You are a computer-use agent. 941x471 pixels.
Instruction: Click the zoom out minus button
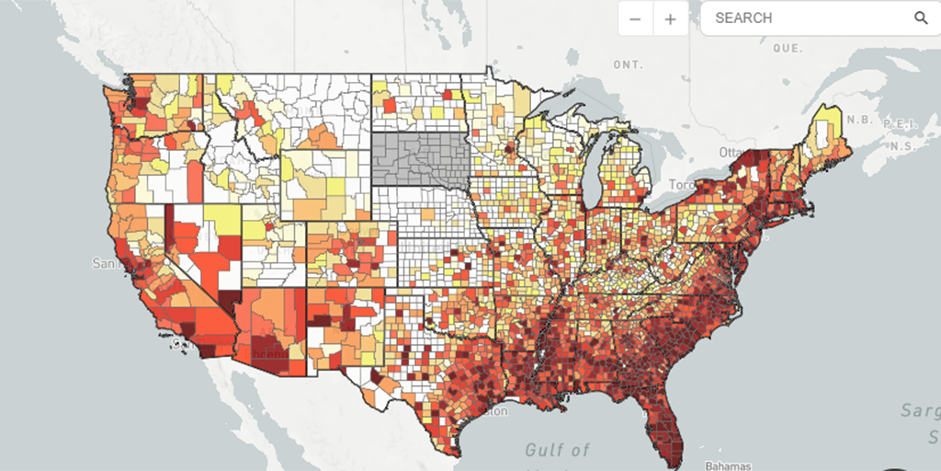(635, 18)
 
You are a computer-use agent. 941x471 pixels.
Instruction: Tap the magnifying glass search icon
(921, 18)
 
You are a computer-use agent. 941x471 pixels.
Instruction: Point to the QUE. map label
(788, 47)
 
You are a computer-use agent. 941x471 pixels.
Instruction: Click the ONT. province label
(628, 64)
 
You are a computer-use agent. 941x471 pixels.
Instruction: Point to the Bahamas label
(728, 465)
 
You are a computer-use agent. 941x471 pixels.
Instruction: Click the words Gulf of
(558, 450)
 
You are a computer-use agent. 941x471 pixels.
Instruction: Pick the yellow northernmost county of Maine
(829, 117)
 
